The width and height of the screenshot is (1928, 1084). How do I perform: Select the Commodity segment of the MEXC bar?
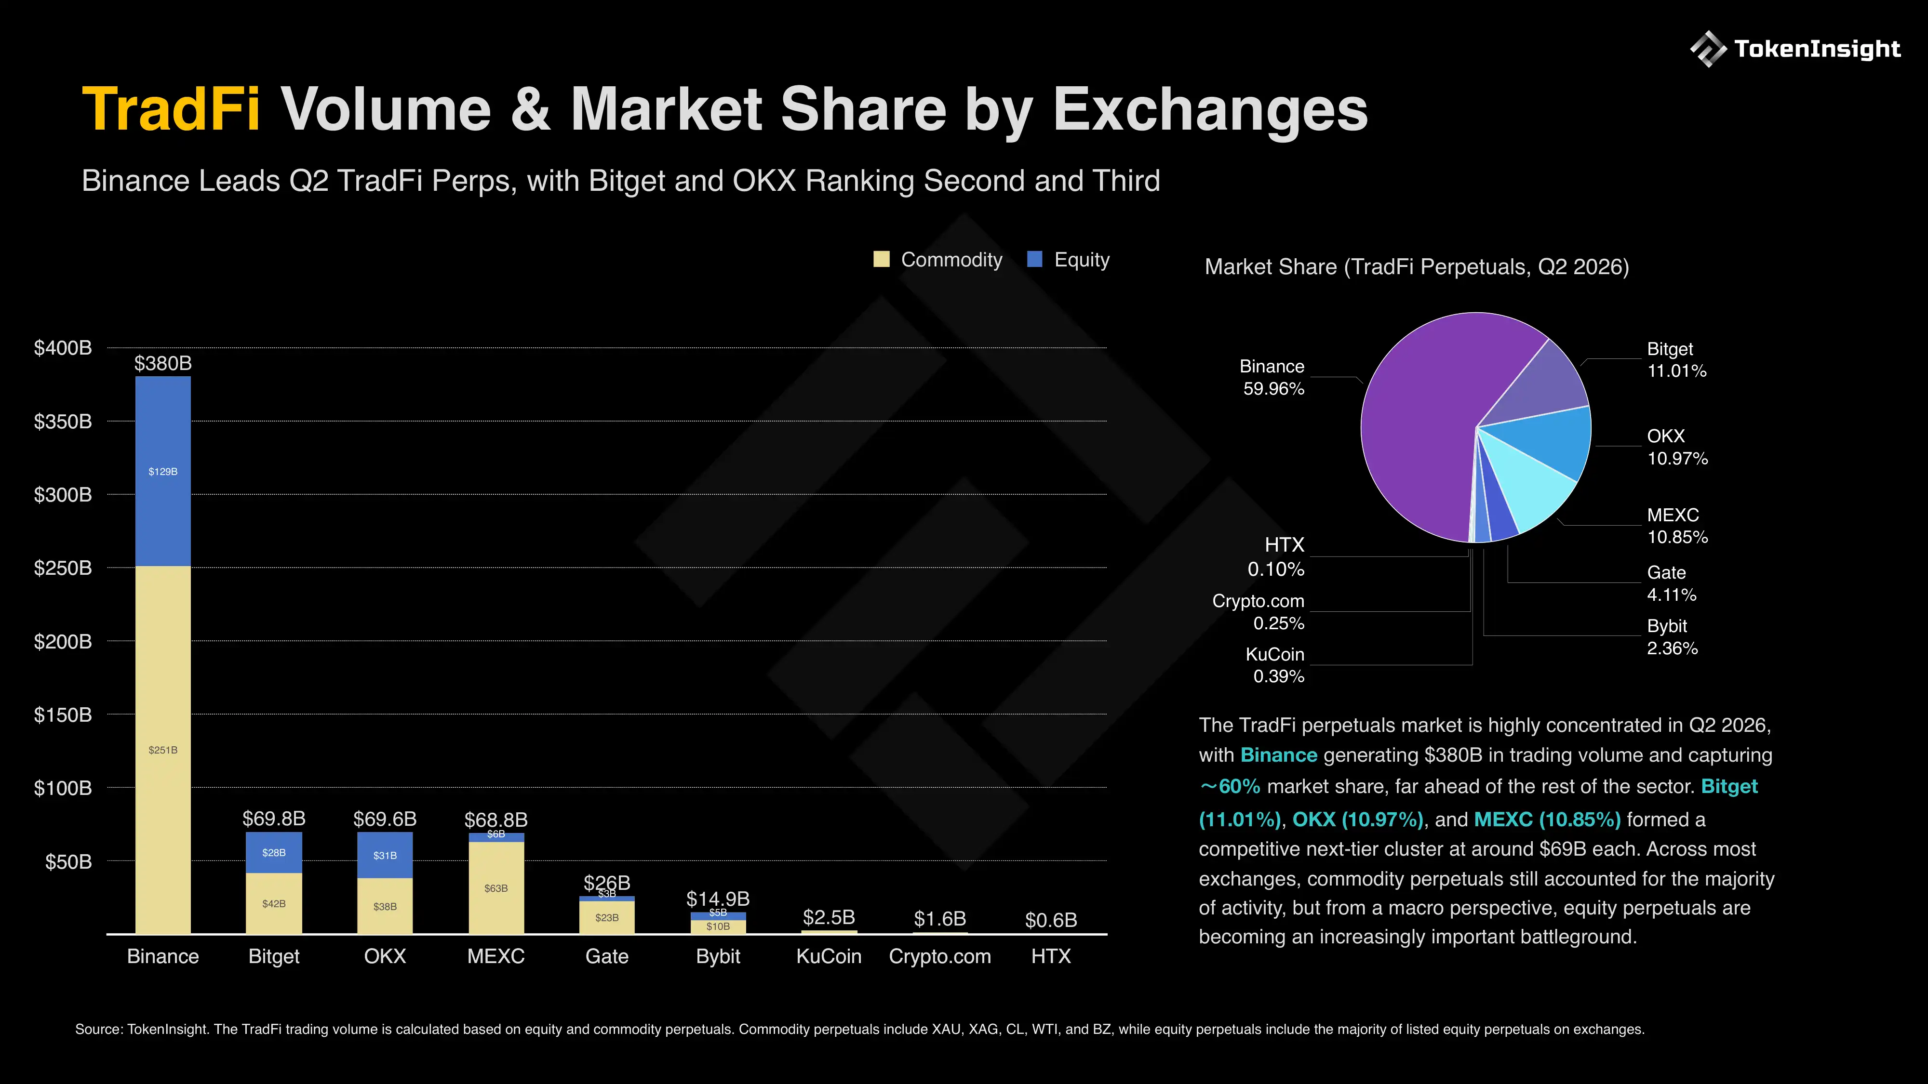pyautogui.click(x=496, y=888)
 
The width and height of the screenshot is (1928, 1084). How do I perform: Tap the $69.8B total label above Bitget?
pyautogui.click(x=274, y=819)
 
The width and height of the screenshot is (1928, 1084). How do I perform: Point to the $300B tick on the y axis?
pyautogui.click(x=63, y=494)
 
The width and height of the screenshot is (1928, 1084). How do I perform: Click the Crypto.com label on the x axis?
pyautogui.click(x=940, y=956)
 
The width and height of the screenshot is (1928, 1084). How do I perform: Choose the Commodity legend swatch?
pyautogui.click(x=882, y=260)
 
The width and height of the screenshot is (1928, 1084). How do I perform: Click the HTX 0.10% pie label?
pyautogui.click(x=1276, y=556)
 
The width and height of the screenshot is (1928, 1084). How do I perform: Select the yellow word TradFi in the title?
pyautogui.click(x=172, y=109)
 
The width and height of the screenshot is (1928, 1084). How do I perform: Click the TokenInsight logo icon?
pyautogui.click(x=1708, y=49)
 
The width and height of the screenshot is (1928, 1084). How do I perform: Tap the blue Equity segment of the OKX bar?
pyautogui.click(x=385, y=855)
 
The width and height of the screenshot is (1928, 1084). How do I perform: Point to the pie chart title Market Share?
pyautogui.click(x=1270, y=267)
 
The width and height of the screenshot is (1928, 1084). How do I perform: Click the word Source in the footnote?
pyautogui.click(x=98, y=1030)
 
